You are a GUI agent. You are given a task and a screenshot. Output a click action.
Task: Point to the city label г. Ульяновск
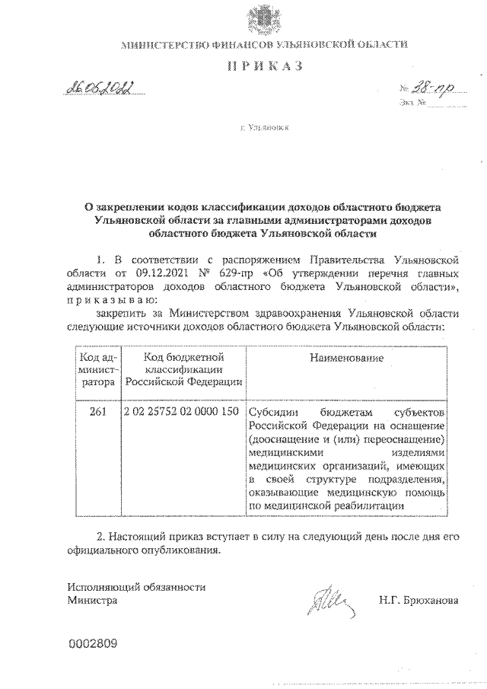[265, 130]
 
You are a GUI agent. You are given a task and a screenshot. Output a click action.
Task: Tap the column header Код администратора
[97, 368]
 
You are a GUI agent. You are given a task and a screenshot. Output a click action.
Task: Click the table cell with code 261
[97, 412]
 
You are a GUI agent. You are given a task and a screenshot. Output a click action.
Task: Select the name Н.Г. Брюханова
[419, 601]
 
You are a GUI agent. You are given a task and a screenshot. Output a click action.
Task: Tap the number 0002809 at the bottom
[92, 644]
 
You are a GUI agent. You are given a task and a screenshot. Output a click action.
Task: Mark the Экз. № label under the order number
[409, 104]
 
